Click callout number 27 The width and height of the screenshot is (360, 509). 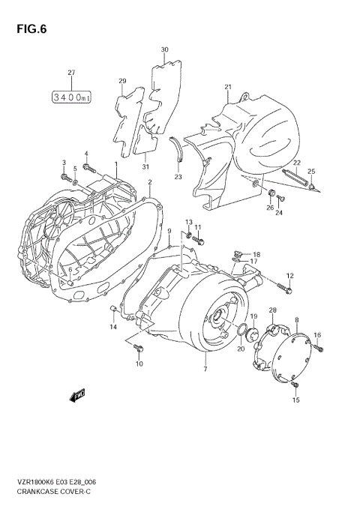point(72,73)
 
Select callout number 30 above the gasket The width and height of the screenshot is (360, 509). point(165,50)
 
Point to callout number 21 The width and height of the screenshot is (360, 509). point(227,88)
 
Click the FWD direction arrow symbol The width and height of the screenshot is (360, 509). point(78,394)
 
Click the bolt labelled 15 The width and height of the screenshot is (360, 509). point(295,385)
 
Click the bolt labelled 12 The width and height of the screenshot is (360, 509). point(288,287)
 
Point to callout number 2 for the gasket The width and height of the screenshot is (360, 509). point(150,182)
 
